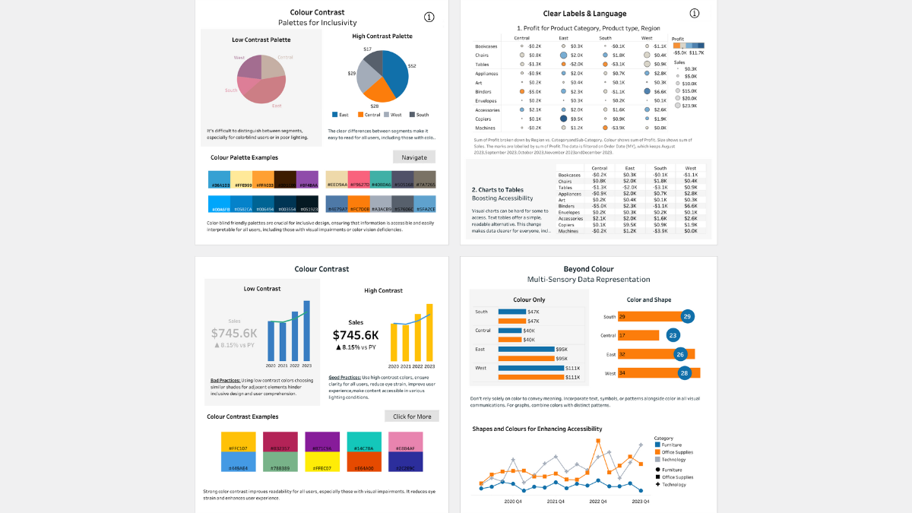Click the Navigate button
tap(414, 157)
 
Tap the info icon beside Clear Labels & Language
tap(694, 14)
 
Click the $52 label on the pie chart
tap(412, 66)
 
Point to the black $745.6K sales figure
tap(356, 335)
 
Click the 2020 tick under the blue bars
tap(271, 366)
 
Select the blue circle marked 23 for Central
tap(673, 335)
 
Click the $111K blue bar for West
tap(530, 368)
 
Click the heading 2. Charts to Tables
tap(498, 189)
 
